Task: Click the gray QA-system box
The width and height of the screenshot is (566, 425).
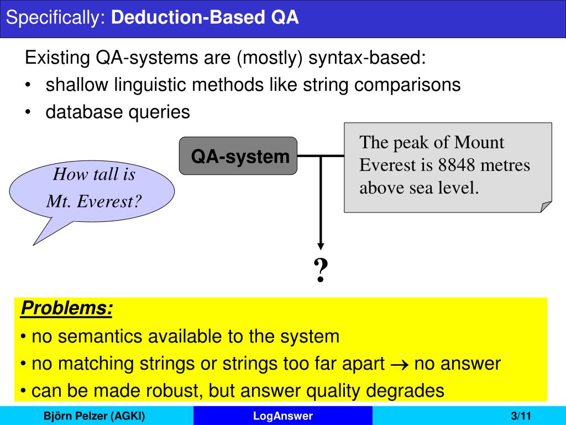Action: pos(238,156)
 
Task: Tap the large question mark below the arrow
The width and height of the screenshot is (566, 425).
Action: pos(321,271)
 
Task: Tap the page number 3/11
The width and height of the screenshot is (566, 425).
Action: pos(521,416)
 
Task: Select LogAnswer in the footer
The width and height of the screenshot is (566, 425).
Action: pos(283,416)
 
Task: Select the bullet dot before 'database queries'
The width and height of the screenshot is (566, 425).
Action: pos(28,112)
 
